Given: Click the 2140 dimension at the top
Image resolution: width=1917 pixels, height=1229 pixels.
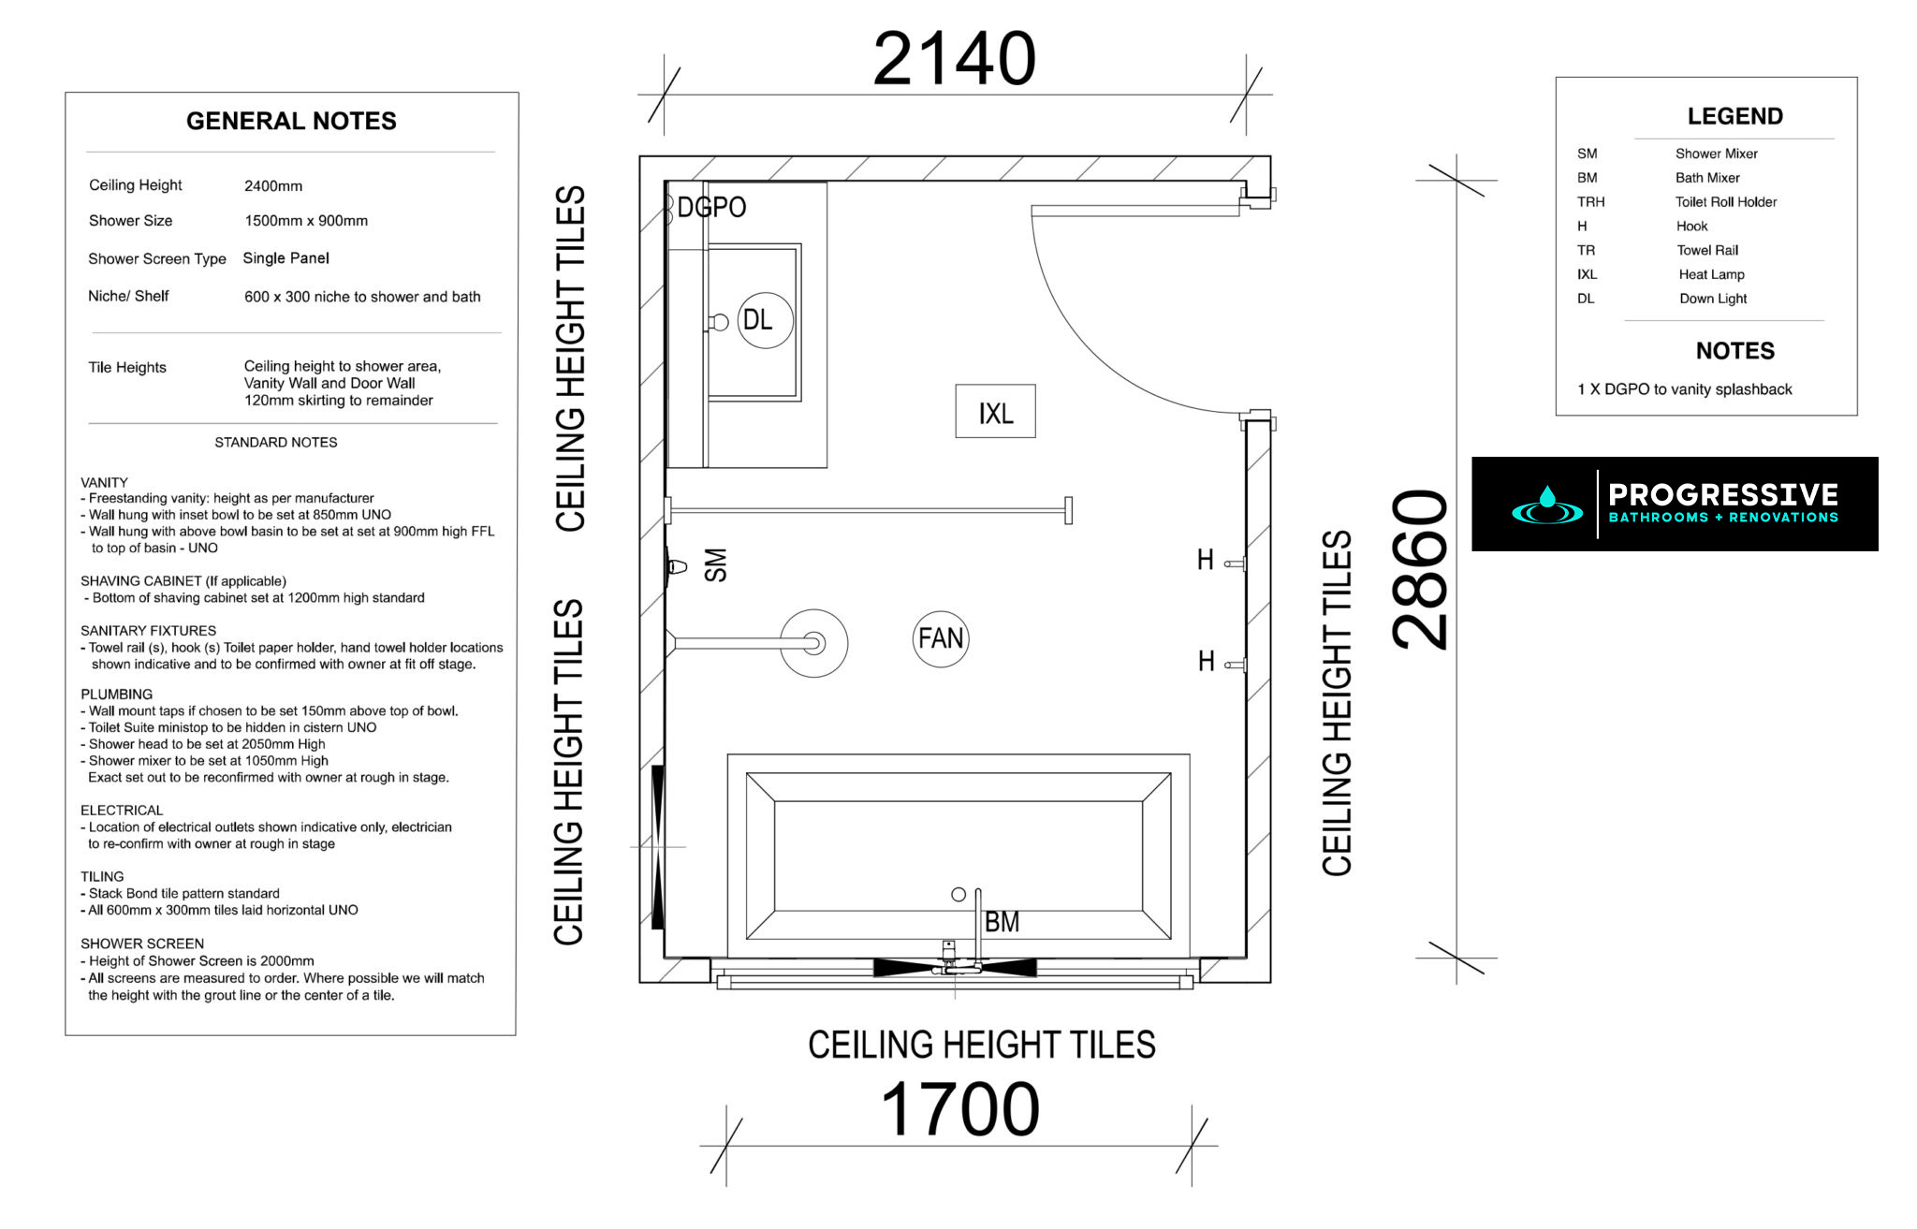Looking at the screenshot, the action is pos(954,59).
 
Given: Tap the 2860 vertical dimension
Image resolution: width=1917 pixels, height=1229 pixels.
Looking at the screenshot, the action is pos(1420,569).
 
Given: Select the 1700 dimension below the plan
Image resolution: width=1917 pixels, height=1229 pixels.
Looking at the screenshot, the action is pos(960,1110).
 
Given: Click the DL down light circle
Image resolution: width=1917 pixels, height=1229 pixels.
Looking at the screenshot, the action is pos(765,320).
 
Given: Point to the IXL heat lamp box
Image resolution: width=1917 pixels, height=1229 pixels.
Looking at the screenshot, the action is pos(995,412).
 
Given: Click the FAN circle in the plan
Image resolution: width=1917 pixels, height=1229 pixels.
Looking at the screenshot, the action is pos(940,638).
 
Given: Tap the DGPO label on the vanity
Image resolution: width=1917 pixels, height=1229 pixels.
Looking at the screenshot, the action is pos(711,208).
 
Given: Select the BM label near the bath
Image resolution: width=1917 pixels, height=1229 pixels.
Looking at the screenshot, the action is pos(1002,922).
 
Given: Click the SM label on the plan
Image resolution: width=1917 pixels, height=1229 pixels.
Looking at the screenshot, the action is pos(715,565).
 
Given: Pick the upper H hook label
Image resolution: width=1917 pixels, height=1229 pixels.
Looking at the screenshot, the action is pos(1206,561).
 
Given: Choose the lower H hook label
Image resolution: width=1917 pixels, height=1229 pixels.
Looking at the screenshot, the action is pos(1207,662).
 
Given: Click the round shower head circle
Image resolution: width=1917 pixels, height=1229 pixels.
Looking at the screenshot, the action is pos(813,643).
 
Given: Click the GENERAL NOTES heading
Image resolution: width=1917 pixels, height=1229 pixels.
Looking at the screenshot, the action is pos(291,121).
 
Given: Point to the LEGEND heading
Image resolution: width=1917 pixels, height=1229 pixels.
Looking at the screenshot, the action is pos(1734,116).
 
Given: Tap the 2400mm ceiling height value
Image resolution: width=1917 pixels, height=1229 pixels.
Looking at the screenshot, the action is pos(273,186).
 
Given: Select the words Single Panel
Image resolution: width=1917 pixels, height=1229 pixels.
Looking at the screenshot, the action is pos(285,258).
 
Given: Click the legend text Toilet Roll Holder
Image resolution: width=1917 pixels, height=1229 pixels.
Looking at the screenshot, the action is pos(1725,202).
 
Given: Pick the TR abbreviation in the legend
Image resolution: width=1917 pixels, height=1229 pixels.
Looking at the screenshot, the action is pos(1586,251).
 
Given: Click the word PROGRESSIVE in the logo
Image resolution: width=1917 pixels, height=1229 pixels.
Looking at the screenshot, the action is pos(1723,494).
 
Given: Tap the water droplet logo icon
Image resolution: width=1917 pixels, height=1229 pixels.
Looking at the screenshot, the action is pos(1546,505).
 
